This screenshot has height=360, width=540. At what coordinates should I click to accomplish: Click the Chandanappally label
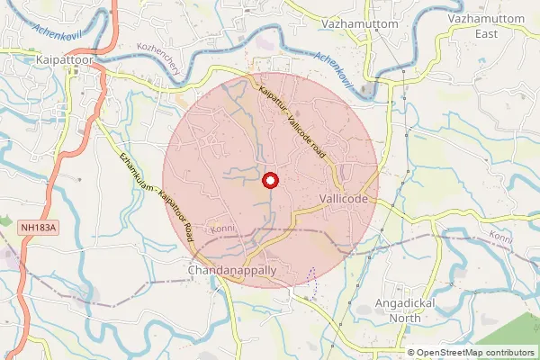click(232, 270)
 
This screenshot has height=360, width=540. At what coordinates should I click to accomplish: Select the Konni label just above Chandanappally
click(222, 229)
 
